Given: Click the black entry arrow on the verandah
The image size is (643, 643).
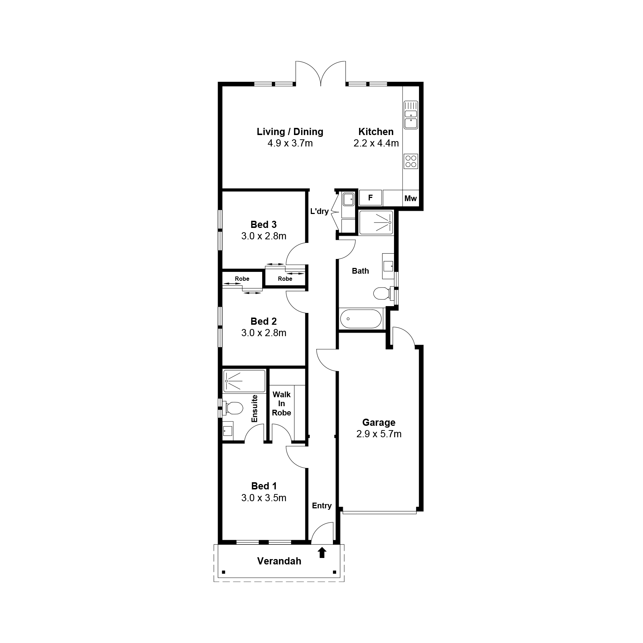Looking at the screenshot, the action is click(x=322, y=553).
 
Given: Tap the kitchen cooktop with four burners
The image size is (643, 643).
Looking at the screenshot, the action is click(x=411, y=161).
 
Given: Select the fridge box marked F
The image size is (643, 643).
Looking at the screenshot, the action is click(x=370, y=198).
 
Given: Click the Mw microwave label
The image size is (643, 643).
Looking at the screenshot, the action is click(x=410, y=199).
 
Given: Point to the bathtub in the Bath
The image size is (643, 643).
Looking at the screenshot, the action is click(x=361, y=319).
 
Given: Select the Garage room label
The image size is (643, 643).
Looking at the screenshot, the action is click(x=379, y=423).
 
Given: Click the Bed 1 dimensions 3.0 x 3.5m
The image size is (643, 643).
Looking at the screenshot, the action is click(x=264, y=498).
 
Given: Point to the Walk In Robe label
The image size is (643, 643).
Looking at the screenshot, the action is click(x=281, y=404).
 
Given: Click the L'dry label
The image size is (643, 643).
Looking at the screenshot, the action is click(x=319, y=211).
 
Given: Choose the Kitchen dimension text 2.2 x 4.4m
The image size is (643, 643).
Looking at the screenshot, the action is click(x=376, y=143).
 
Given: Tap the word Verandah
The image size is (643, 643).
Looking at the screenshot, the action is click(x=279, y=561).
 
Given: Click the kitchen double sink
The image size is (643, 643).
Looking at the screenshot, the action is click(x=411, y=115).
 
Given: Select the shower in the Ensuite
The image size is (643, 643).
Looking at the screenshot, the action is click(x=244, y=381).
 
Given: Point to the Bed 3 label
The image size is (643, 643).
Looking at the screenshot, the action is click(x=264, y=225).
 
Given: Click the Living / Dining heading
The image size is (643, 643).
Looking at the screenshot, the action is click(x=290, y=132).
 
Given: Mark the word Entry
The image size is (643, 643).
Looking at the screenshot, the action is click(x=322, y=506).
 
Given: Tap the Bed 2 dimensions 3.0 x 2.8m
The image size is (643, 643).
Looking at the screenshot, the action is click(x=264, y=333).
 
